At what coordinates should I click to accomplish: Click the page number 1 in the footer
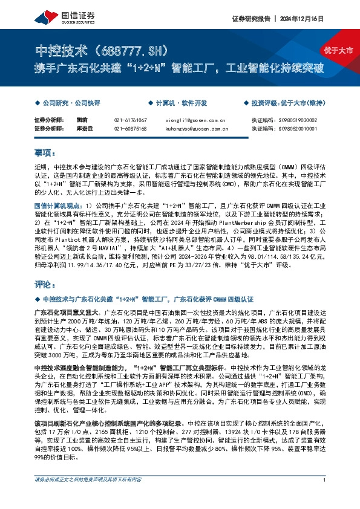point(325,497)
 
